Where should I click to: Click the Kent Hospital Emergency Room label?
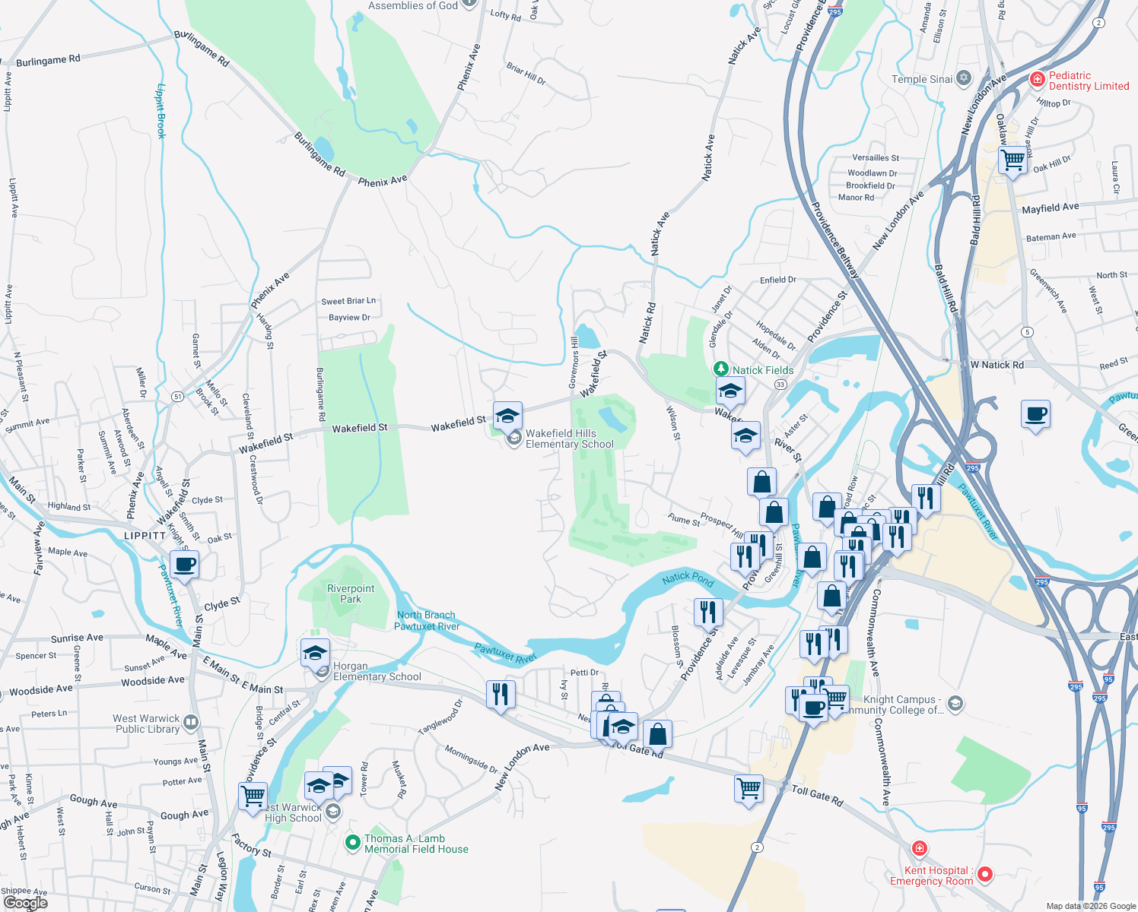pyautogui.click(x=931, y=876)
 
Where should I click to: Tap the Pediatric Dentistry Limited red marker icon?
pyautogui.click(x=1037, y=79)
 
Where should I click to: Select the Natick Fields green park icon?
pyautogui.click(x=720, y=369)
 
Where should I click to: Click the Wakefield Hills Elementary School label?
pyautogui.click(x=570, y=439)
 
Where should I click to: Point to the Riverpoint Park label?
pyautogui.click(x=351, y=594)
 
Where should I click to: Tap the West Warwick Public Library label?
pyautogui.click(x=146, y=724)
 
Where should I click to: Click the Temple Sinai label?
pyautogui.click(x=922, y=79)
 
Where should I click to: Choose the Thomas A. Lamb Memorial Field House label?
pyautogui.click(x=416, y=844)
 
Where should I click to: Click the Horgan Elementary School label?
pyautogui.click(x=377, y=672)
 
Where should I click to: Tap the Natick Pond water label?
pyautogui.click(x=688, y=578)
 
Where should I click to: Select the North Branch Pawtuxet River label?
pyautogui.click(x=427, y=620)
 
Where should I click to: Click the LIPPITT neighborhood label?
pyautogui.click(x=145, y=536)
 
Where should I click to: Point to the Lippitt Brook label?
pyautogui.click(x=161, y=111)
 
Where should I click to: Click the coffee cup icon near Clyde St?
pyautogui.click(x=184, y=565)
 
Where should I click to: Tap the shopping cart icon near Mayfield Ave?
pyautogui.click(x=1012, y=160)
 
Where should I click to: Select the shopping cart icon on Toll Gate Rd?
pyautogui.click(x=749, y=789)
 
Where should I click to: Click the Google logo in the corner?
pyautogui.click(x=25, y=903)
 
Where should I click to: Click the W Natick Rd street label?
pyautogui.click(x=997, y=365)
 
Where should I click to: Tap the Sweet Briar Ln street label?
pyautogui.click(x=348, y=301)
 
